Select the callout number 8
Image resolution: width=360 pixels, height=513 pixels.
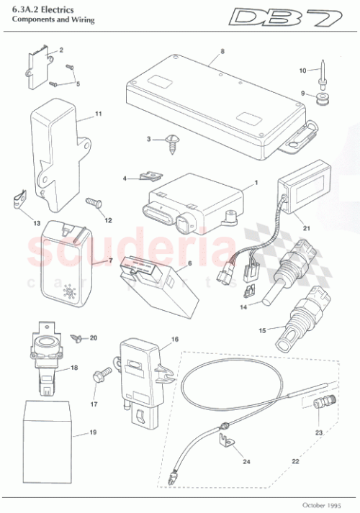click(222, 52)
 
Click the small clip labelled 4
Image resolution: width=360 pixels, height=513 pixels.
click(151, 176)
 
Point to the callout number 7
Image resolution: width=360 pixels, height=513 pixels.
click(110, 258)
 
